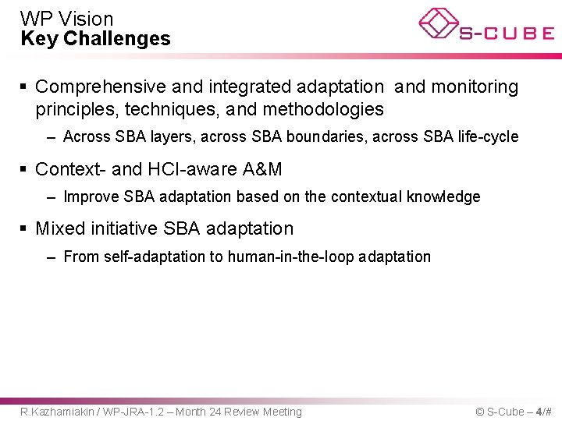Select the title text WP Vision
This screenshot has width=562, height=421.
67,19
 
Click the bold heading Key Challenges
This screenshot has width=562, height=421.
95,39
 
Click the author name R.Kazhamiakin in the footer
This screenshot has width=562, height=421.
55,412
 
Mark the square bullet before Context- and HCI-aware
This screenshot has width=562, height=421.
25,169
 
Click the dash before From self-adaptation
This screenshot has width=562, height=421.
51,256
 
